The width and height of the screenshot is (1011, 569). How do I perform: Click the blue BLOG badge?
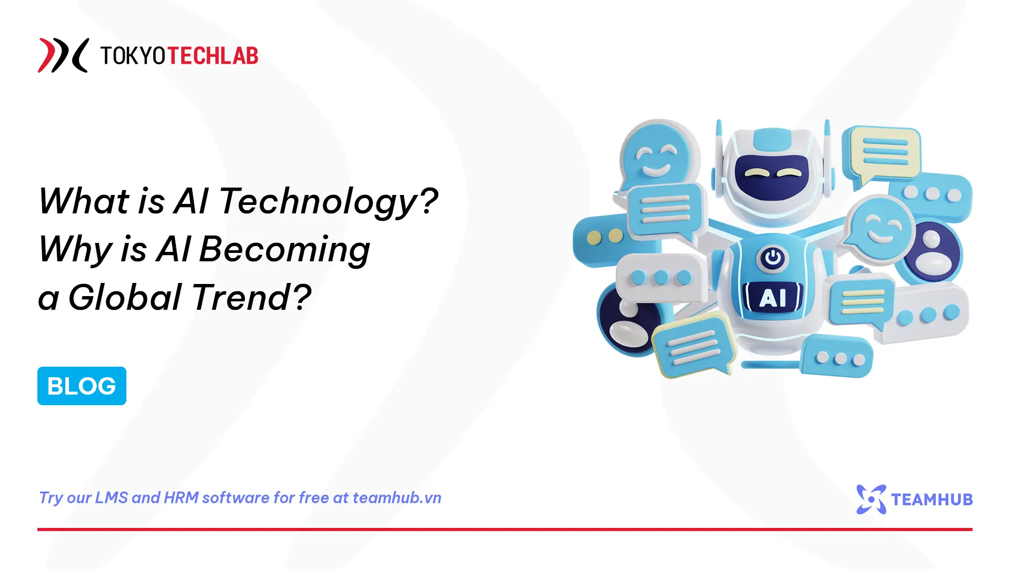point(82,386)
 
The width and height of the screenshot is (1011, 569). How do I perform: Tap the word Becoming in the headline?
point(284,250)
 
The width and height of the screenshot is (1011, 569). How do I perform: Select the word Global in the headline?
point(125,298)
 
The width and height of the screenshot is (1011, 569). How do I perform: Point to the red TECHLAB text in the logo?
point(213,56)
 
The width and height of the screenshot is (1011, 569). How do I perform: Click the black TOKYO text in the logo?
point(133,56)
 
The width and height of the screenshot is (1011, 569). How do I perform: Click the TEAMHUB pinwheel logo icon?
point(871,499)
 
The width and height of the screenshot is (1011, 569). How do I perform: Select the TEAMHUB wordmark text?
point(932,499)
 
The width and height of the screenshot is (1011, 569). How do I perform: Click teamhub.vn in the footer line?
point(397,498)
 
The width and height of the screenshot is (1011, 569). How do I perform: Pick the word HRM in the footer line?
point(181,498)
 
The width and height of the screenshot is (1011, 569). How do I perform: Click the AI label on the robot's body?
point(772,298)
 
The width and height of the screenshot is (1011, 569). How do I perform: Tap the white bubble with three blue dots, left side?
point(661,278)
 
